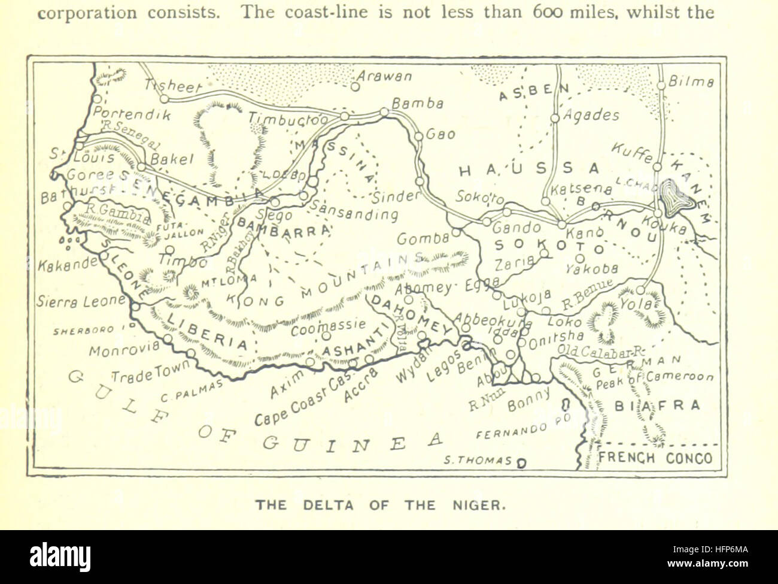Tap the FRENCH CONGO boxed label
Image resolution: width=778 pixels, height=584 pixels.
[656, 459]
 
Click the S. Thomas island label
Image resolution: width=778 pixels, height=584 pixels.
[478, 461]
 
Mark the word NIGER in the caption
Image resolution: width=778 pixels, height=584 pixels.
[479, 505]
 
